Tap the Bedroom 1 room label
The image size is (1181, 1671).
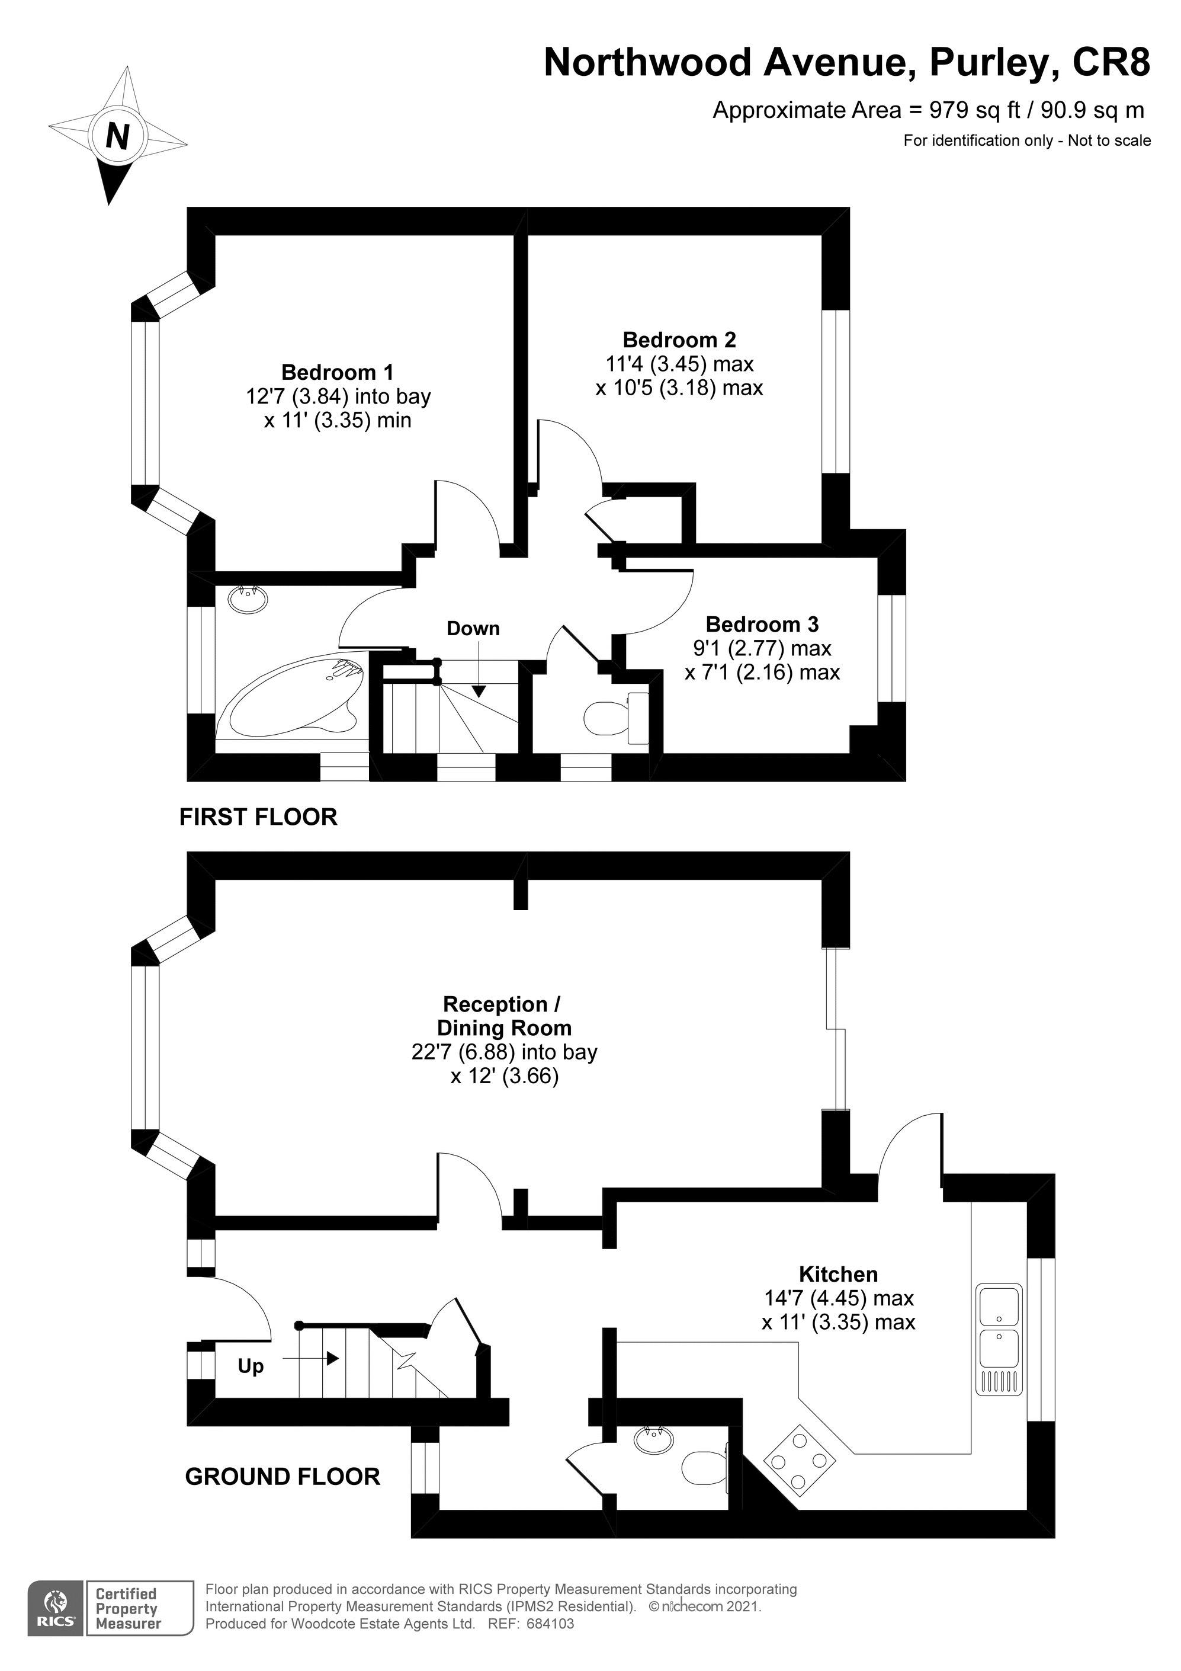[337, 372]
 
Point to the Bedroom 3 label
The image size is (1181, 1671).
[762, 624]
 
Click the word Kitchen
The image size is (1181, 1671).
[838, 1273]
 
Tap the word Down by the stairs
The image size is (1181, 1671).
[473, 628]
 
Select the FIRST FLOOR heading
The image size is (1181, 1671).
[258, 817]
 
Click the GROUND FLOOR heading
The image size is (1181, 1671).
[283, 1476]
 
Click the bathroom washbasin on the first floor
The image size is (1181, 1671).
[248, 599]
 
